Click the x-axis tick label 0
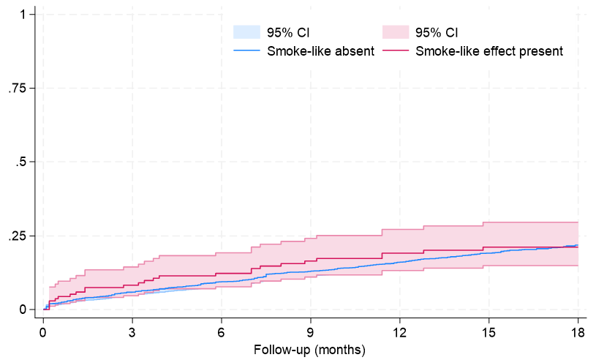click(43, 330)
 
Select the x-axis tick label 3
click(132, 330)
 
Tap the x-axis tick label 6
click(222, 330)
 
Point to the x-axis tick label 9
click(311, 330)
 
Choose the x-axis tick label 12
click(400, 330)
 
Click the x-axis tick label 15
click(489, 330)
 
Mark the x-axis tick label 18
click(578, 330)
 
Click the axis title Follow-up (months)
click(310, 349)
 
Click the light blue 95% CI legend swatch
click(247, 32)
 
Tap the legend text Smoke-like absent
click(321, 50)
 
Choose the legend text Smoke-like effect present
click(489, 50)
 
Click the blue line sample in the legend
click(247, 50)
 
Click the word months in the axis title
click(339, 349)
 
